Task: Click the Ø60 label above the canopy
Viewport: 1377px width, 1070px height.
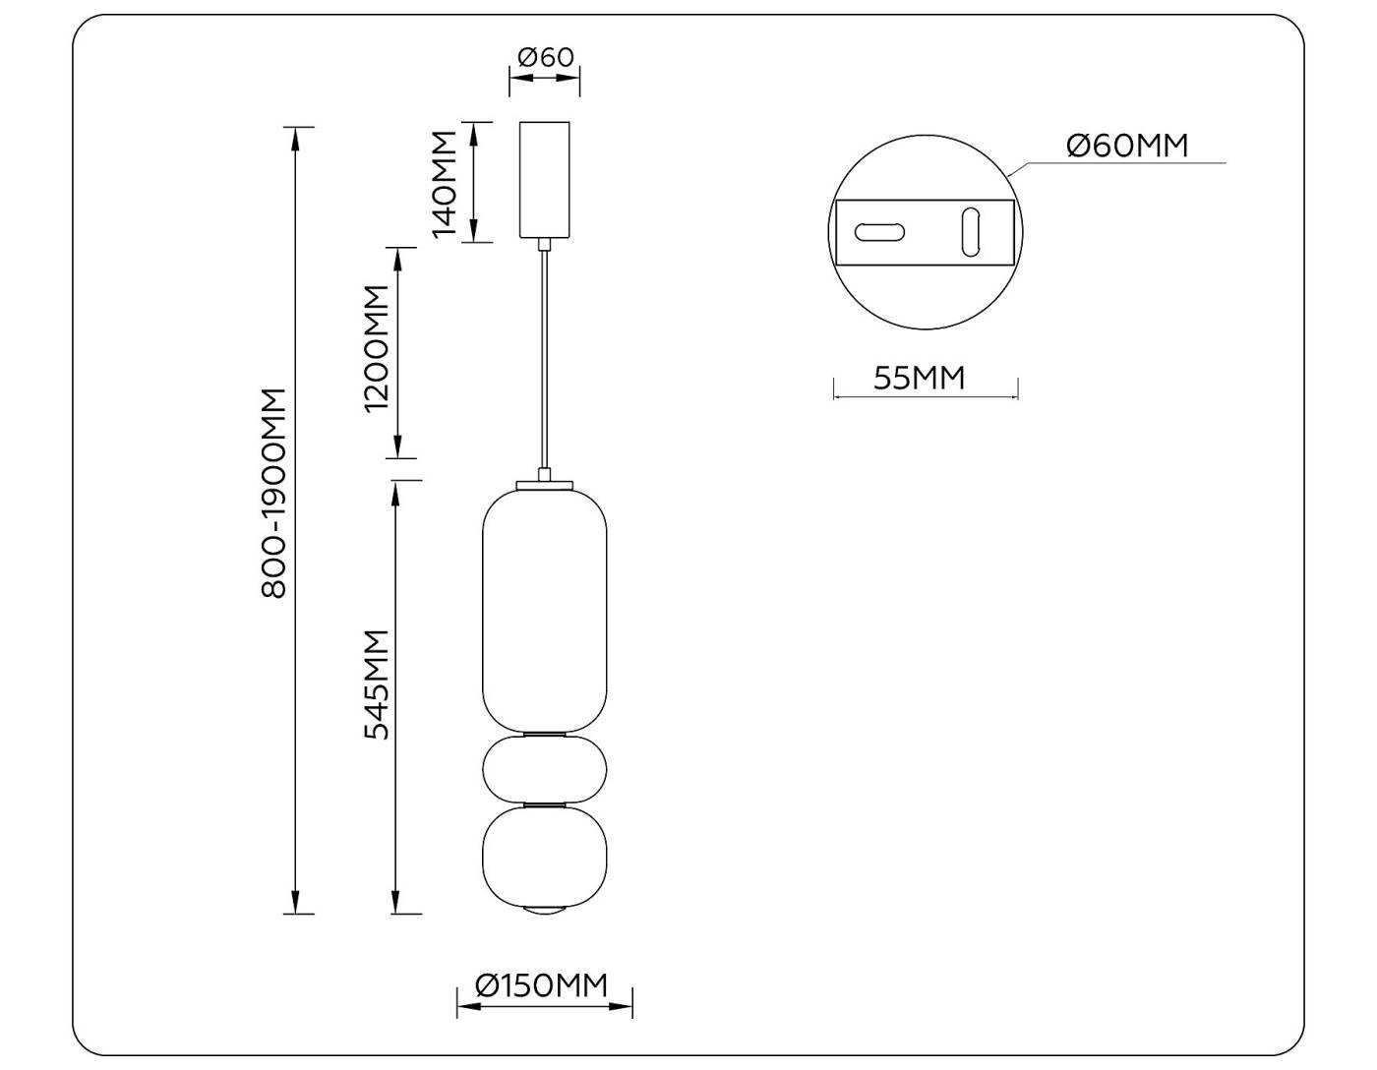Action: pyautogui.click(x=545, y=57)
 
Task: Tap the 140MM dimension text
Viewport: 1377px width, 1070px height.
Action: pyautogui.click(x=445, y=183)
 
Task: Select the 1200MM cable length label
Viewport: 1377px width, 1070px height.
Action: pyautogui.click(x=376, y=349)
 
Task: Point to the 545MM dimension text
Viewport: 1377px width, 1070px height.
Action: pyautogui.click(x=377, y=684)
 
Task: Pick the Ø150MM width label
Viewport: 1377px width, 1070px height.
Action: pyautogui.click(x=541, y=985)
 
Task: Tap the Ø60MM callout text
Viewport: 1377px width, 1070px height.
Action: pyautogui.click(x=1127, y=146)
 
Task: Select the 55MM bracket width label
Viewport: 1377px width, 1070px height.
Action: pyautogui.click(x=920, y=378)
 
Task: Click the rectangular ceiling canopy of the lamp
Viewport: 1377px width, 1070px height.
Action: pyautogui.click(x=544, y=180)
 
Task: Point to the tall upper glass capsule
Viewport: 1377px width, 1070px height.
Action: pyautogui.click(x=544, y=610)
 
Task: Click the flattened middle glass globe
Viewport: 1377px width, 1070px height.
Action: pyautogui.click(x=544, y=769)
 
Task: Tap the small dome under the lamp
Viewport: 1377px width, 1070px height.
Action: pyautogui.click(x=544, y=908)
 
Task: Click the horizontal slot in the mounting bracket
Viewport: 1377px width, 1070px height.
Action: pyautogui.click(x=879, y=232)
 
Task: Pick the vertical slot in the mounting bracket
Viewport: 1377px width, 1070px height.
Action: pyautogui.click(x=971, y=232)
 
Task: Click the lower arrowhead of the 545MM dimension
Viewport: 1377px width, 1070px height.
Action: pyautogui.click(x=396, y=905)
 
